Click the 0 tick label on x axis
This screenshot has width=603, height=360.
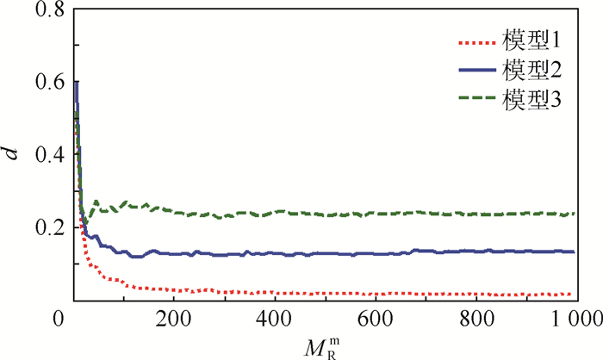coord(59,318)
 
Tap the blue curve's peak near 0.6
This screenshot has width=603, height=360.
coord(77,83)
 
